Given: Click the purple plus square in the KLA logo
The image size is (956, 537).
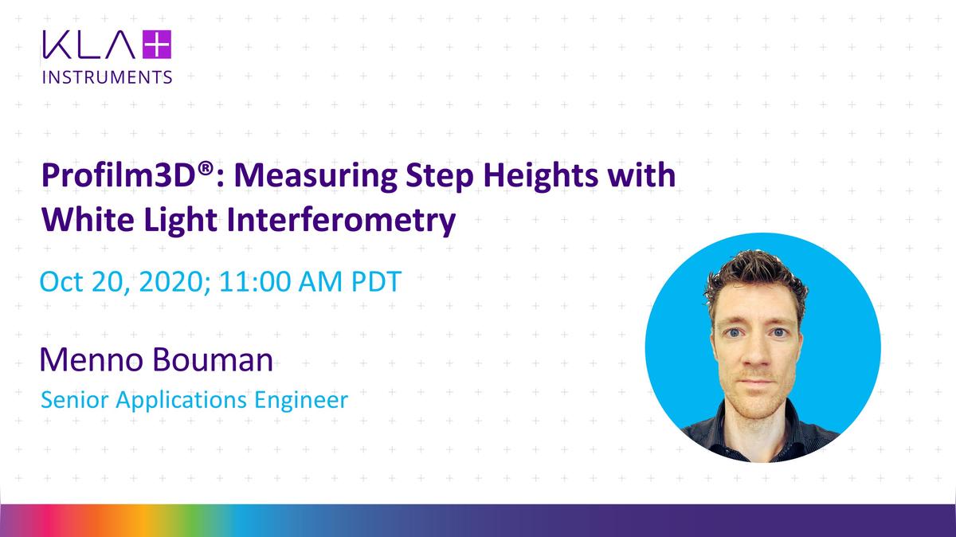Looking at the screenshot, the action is pos(157,45).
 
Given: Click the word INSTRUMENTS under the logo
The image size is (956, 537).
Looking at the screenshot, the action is pos(107,77).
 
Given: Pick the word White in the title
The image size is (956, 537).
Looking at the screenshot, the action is pos(88,220).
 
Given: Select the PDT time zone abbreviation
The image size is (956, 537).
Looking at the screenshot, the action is pos(376,282).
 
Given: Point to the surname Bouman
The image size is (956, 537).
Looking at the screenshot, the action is pos(213,359).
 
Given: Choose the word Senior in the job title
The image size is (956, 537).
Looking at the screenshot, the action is pos(75,400).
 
